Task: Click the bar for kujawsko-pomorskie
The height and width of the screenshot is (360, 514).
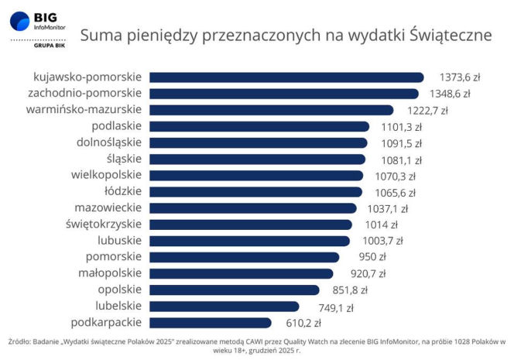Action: (x=286, y=77)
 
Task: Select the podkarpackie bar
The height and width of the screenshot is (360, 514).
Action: (x=210, y=323)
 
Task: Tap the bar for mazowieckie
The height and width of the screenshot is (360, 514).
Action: (x=252, y=208)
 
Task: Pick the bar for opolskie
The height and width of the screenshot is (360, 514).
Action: (x=234, y=290)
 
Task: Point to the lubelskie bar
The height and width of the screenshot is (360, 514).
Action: (x=224, y=307)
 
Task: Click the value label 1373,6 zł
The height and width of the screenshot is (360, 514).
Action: (x=460, y=77)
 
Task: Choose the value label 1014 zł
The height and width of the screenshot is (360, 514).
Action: (x=381, y=225)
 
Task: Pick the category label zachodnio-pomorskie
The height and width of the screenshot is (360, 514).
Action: (x=90, y=94)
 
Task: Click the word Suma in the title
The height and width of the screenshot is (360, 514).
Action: (x=101, y=35)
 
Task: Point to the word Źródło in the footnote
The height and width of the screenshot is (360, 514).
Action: (x=21, y=341)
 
